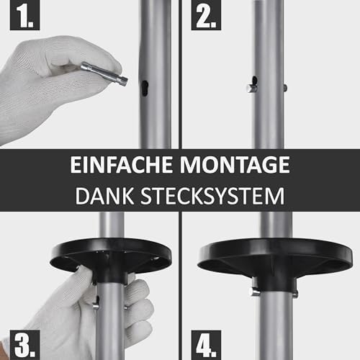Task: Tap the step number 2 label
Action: coord(204,15)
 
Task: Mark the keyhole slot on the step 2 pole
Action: coord(255,81)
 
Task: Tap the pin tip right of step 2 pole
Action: coord(285,88)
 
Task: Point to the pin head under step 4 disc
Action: coord(253,292)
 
